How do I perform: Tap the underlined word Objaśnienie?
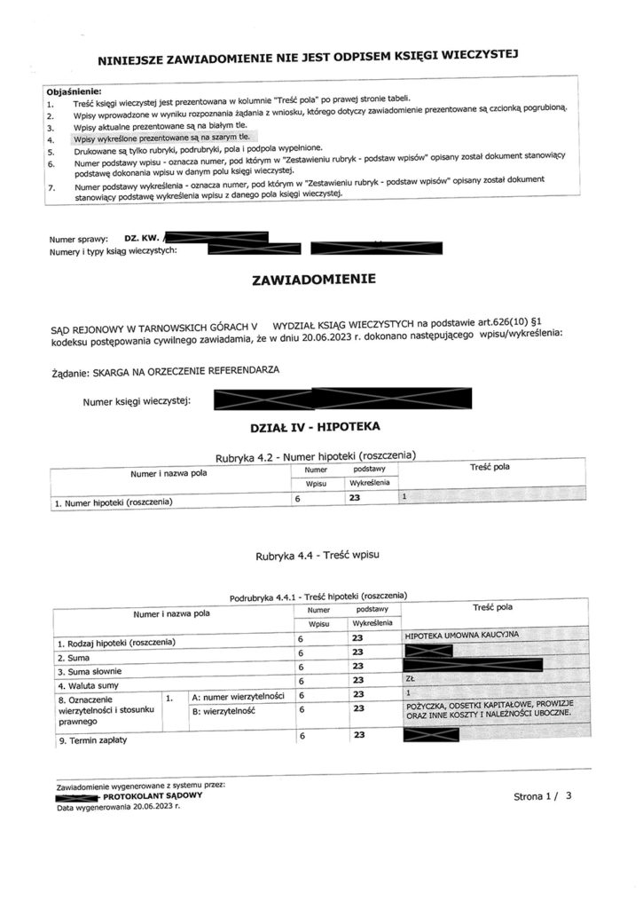coord(74,91)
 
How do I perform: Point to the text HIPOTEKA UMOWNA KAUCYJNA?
coord(460,636)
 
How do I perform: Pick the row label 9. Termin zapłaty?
coord(91,740)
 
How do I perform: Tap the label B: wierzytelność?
coord(223,711)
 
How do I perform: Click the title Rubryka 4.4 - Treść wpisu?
coord(318,557)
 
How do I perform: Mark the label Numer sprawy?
coord(80,239)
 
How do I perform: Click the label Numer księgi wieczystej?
coord(137,402)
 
